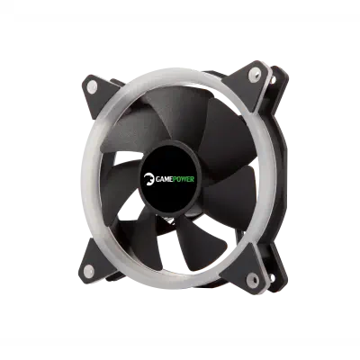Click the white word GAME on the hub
[x=165, y=180]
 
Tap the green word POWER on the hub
[x=184, y=180]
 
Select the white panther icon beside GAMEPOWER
[x=148, y=178]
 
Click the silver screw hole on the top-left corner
[x=92, y=86]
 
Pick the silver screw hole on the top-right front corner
[x=255, y=74]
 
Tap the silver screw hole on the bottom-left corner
[x=88, y=272]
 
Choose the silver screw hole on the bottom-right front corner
[x=253, y=280]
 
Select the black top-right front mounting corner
[x=249, y=83]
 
